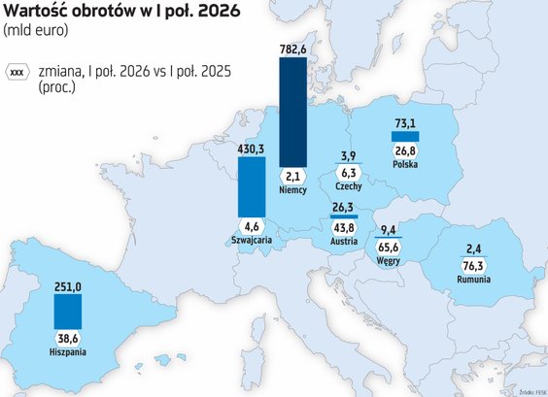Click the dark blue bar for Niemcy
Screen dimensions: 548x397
[292, 112]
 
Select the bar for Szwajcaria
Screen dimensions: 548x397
[252, 186]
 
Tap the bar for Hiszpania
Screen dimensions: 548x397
[68, 312]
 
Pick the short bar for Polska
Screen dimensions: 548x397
[405, 136]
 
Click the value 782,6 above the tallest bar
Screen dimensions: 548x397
[292, 50]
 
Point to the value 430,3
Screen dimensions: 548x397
[251, 149]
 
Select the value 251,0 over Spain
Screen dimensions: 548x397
[68, 286]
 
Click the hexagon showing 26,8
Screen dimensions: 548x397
[405, 151]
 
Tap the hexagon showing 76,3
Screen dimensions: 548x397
[473, 266]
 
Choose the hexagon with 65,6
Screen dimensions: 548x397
[389, 248]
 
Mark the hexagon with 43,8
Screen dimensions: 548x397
[344, 228]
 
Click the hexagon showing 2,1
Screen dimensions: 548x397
[292, 177]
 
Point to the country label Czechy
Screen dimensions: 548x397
[349, 186]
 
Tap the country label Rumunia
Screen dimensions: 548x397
[473, 280]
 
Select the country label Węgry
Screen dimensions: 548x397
[389, 261]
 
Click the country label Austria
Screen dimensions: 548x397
[344, 241]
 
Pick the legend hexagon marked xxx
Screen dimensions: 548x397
[17, 73]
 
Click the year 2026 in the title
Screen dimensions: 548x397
[219, 11]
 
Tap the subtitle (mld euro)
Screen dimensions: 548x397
[35, 30]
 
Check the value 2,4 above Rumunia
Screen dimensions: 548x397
[473, 249]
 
